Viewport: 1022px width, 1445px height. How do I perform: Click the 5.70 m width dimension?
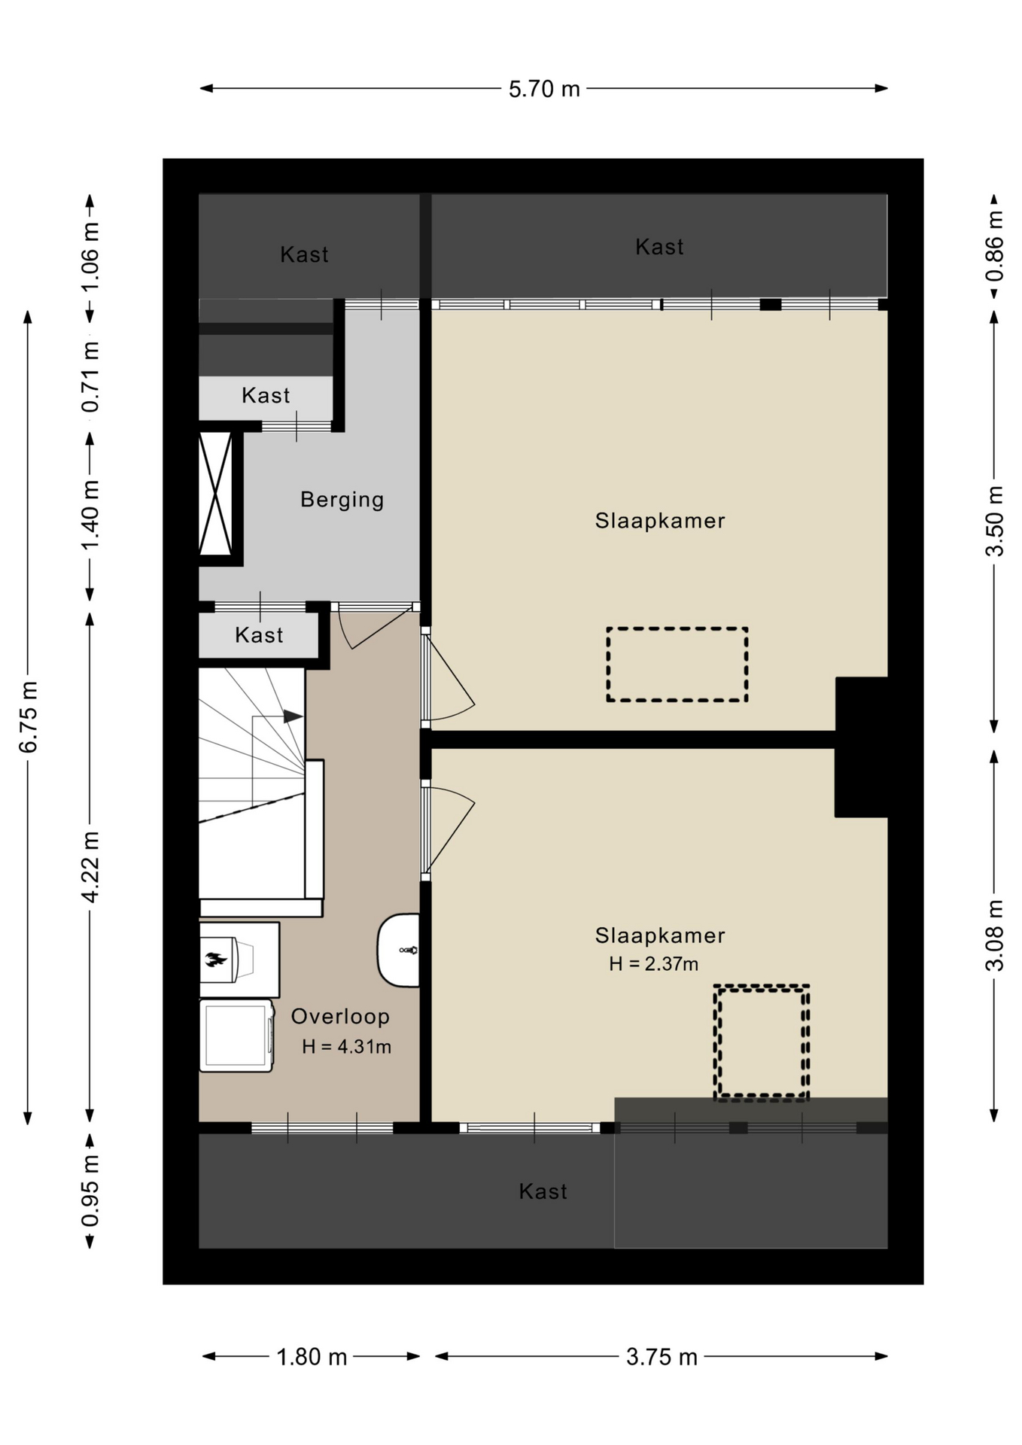tap(544, 89)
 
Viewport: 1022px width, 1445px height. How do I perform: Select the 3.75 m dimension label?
tap(662, 1357)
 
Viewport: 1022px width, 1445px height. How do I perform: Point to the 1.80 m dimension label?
tap(312, 1357)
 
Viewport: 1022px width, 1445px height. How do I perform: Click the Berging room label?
tap(342, 500)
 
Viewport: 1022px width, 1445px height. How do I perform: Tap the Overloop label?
tap(340, 1016)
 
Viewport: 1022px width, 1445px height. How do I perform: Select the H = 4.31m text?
tap(346, 1046)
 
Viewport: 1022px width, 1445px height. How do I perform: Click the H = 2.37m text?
tap(653, 963)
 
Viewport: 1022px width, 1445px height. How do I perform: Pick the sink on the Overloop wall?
tap(398, 950)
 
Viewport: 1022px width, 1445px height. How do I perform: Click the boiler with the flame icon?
tap(239, 960)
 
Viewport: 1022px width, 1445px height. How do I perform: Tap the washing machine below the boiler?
tap(236, 1036)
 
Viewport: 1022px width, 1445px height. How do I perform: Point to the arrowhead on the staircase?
tap(293, 716)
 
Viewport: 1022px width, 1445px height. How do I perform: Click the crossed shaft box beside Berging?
tap(216, 494)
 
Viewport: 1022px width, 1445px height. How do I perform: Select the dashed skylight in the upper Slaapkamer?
tap(677, 665)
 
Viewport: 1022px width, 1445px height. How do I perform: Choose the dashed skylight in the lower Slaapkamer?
tap(762, 1042)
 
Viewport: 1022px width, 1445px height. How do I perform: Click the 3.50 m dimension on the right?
tap(994, 522)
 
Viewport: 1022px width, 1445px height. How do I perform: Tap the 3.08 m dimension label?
tap(994, 935)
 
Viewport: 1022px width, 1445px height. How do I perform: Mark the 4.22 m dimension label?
tap(90, 867)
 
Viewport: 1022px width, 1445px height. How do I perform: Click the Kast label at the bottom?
tap(543, 1191)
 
